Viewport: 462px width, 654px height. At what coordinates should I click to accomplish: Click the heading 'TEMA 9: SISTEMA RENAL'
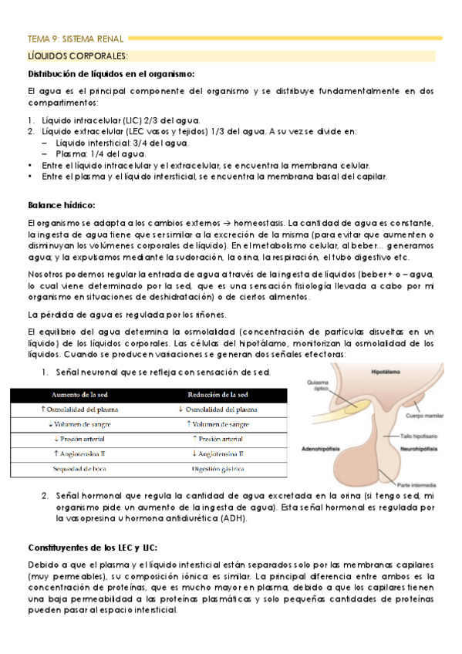pyautogui.click(x=76, y=37)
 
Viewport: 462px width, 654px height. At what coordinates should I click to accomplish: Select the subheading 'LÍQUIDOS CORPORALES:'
pyautogui.click(x=77, y=56)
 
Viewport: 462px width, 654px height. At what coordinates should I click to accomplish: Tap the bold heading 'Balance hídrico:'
pyautogui.click(x=61, y=205)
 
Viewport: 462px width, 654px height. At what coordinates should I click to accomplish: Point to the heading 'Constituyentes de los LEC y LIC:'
pyautogui.click(x=93, y=547)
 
